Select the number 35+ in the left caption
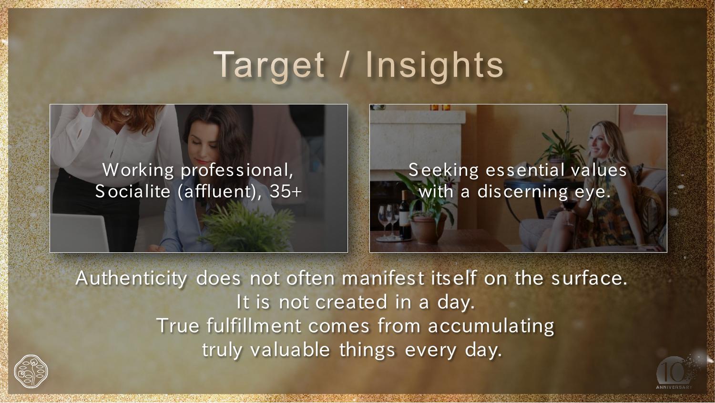click(286, 191)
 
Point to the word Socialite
click(133, 191)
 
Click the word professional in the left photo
click(237, 170)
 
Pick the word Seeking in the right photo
click(443, 170)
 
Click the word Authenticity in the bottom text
click(132, 279)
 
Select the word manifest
click(383, 278)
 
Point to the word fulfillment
click(254, 326)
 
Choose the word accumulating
click(491, 326)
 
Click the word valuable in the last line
click(290, 350)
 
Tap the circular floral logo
click(31, 371)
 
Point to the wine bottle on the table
click(405, 215)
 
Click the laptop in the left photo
click(79, 233)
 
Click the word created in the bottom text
click(351, 302)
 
